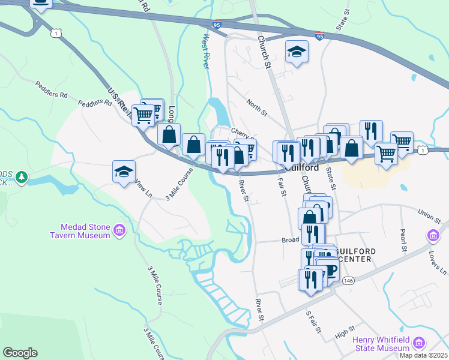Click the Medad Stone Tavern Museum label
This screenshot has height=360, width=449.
85,231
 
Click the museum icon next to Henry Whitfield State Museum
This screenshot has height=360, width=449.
418,344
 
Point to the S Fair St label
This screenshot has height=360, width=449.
313,322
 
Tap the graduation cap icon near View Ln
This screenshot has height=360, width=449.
123,172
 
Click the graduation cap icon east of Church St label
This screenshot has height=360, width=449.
297,52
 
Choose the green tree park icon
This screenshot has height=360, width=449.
22,177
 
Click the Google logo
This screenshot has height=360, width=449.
20,353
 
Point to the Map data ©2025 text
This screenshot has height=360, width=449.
423,355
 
